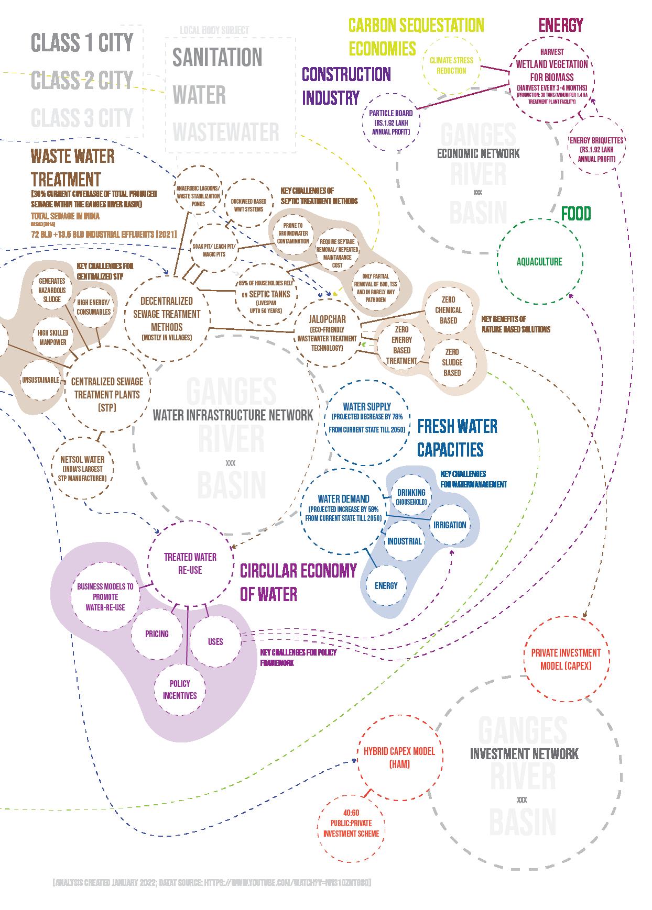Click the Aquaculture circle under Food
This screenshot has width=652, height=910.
pyautogui.click(x=539, y=261)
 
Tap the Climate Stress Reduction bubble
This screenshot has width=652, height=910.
pyautogui.click(x=451, y=65)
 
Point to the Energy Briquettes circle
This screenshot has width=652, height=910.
pyautogui.click(x=596, y=149)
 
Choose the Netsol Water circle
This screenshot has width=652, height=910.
pyautogui.click(x=83, y=468)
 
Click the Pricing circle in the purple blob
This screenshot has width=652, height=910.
pyautogui.click(x=157, y=634)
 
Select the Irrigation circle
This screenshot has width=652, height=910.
pyautogui.click(x=450, y=525)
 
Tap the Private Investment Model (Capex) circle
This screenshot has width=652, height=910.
pyautogui.click(x=566, y=659)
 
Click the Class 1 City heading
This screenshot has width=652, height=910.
pyautogui.click(x=82, y=42)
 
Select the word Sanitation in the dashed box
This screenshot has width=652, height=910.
pyautogui.click(x=217, y=57)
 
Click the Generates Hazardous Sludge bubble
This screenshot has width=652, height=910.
pyautogui.click(x=52, y=290)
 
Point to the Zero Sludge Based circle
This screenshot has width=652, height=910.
pyautogui.click(x=452, y=362)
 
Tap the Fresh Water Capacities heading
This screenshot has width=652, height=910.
pyautogui.click(x=457, y=438)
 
